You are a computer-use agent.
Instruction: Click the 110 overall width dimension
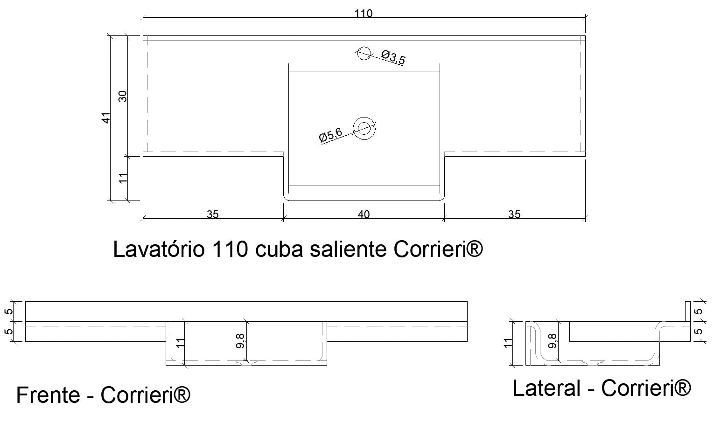click(363, 14)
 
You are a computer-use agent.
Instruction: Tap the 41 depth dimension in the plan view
click(106, 118)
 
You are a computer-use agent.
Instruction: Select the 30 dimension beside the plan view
click(123, 96)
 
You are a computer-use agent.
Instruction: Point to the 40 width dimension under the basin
click(364, 214)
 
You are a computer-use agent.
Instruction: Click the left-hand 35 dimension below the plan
click(212, 214)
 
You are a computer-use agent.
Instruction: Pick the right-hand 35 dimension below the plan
click(514, 214)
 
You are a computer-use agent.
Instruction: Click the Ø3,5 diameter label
click(393, 58)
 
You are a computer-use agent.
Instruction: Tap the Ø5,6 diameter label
click(330, 135)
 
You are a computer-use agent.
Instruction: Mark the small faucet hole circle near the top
click(363, 54)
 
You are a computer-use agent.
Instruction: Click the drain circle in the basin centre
click(364, 128)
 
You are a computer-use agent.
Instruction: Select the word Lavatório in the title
click(159, 249)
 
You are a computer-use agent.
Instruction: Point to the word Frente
click(48, 395)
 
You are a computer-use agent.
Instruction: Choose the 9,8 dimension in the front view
click(241, 341)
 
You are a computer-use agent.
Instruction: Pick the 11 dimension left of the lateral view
click(509, 342)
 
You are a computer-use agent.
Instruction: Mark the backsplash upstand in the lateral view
click(687, 311)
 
